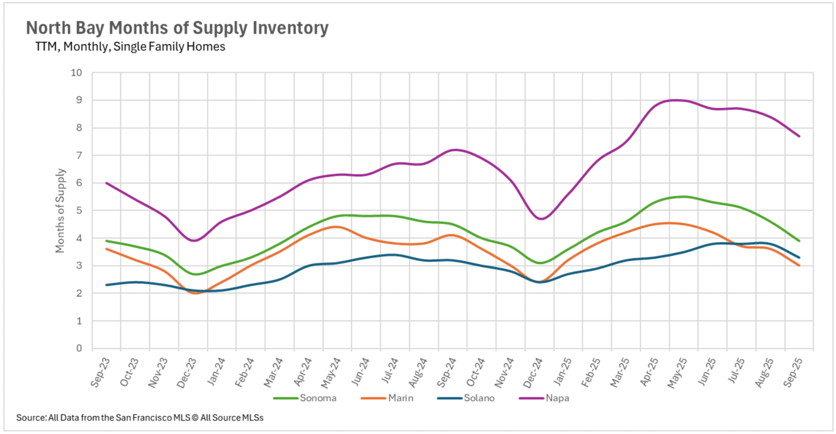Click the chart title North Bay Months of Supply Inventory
(177, 28)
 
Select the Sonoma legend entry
(318, 398)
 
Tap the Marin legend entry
(401, 398)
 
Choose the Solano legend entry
(479, 398)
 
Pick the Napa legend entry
(557, 398)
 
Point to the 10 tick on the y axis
(76, 73)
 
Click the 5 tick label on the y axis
(79, 211)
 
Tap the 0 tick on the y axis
(79, 348)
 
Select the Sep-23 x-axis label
(100, 372)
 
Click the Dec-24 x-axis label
(533, 373)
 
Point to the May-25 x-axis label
(677, 373)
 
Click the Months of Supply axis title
(60, 211)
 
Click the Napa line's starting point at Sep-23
(106, 183)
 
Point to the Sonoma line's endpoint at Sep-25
(799, 241)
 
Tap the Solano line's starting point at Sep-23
(106, 285)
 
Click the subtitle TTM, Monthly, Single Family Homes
(130, 47)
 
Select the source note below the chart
(140, 418)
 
